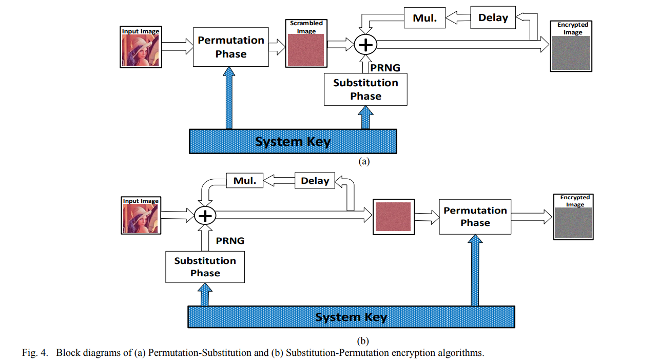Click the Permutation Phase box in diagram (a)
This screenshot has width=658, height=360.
pos(230,47)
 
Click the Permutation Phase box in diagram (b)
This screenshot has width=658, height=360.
pos(475,217)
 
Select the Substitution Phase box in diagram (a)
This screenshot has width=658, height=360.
pos(365,89)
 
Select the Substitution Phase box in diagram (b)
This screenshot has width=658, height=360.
pos(205,267)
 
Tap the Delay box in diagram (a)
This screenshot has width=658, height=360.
pos(493,18)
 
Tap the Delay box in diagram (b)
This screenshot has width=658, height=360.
pos(315,181)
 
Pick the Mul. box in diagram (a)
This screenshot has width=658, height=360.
pos(424,18)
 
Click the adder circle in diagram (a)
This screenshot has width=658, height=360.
pos(365,45)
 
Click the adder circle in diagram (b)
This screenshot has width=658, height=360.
pos(205,216)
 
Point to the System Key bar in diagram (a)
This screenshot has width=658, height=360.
pos(293,141)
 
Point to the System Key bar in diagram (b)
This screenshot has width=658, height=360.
pos(351,317)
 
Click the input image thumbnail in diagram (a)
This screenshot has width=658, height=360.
pos(141,50)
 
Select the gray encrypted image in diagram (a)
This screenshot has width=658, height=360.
pos(571,53)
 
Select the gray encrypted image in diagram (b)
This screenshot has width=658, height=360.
pos(572,223)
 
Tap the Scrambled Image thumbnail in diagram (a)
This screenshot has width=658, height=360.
pos(306,50)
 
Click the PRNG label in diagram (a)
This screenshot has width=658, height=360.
pos(385,68)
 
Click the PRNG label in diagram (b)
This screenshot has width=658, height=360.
pos(230,240)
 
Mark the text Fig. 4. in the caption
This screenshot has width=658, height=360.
pos(35,353)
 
